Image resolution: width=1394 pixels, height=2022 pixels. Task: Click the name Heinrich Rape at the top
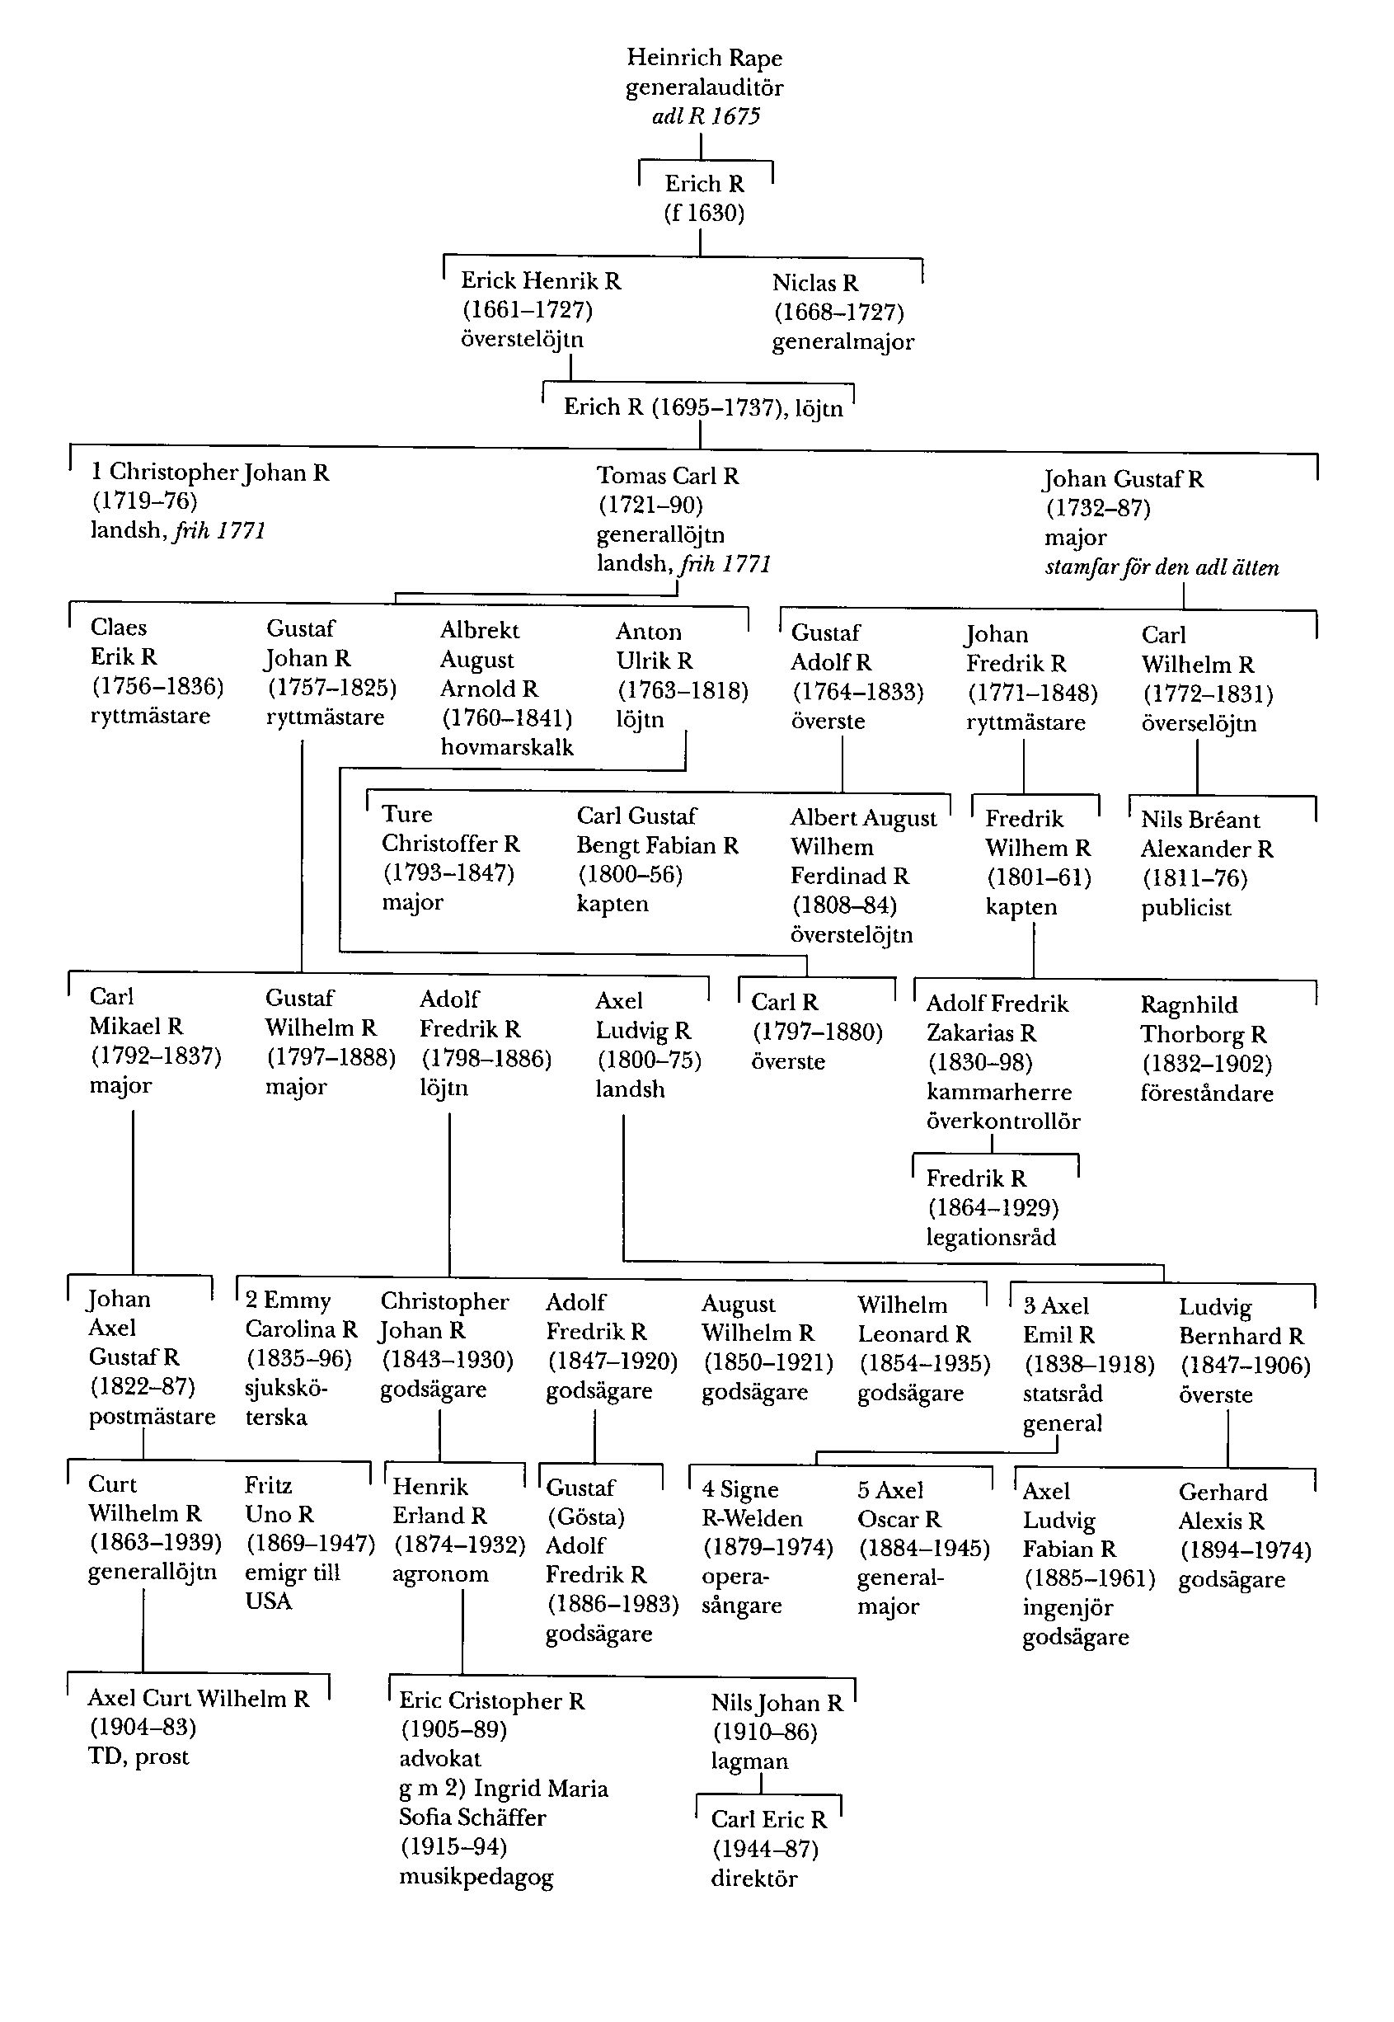(704, 58)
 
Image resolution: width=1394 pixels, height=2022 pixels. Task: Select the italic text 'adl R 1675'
(706, 116)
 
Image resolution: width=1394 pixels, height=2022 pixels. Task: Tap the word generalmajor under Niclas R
(843, 341)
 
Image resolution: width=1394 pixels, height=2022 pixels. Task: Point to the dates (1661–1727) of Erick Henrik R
(528, 309)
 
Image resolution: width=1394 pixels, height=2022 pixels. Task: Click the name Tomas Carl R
(669, 477)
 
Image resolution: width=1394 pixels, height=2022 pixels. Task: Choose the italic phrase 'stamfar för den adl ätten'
(1162, 568)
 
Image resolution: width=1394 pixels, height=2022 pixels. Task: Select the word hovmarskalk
(507, 747)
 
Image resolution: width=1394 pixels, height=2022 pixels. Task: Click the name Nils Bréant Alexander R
(1206, 835)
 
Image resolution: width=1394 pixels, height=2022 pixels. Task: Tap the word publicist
(1185, 908)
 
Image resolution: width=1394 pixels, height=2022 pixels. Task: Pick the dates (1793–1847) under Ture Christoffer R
(448, 873)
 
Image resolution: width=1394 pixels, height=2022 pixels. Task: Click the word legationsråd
(991, 1237)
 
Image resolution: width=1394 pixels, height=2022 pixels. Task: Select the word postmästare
(152, 1417)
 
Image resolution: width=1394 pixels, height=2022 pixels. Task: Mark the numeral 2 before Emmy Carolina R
(251, 1300)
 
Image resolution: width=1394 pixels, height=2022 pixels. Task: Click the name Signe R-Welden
(751, 1504)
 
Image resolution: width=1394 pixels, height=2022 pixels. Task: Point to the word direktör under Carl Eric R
(753, 1879)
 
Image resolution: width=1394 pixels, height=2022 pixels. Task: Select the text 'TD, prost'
(138, 1756)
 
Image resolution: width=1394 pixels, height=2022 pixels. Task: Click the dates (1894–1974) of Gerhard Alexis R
(1246, 1551)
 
